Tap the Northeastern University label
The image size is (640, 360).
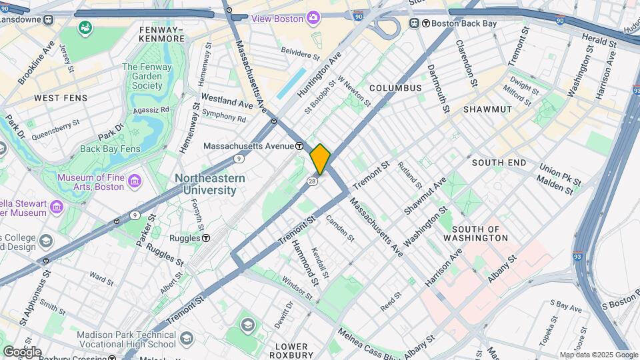[x=210, y=185]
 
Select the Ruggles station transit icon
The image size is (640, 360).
[x=207, y=238]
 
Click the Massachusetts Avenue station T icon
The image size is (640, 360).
[x=300, y=146]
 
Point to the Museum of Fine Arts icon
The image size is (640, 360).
[x=135, y=181]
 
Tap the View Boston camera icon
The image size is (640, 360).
[x=313, y=17]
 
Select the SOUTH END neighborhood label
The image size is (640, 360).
[x=499, y=163]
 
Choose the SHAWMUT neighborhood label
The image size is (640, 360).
[x=487, y=109]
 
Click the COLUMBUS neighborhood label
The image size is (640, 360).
[x=395, y=88]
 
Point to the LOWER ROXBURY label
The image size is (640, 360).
[x=292, y=351]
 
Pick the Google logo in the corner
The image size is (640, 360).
[x=21, y=352]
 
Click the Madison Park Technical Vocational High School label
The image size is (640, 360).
[x=127, y=340]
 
